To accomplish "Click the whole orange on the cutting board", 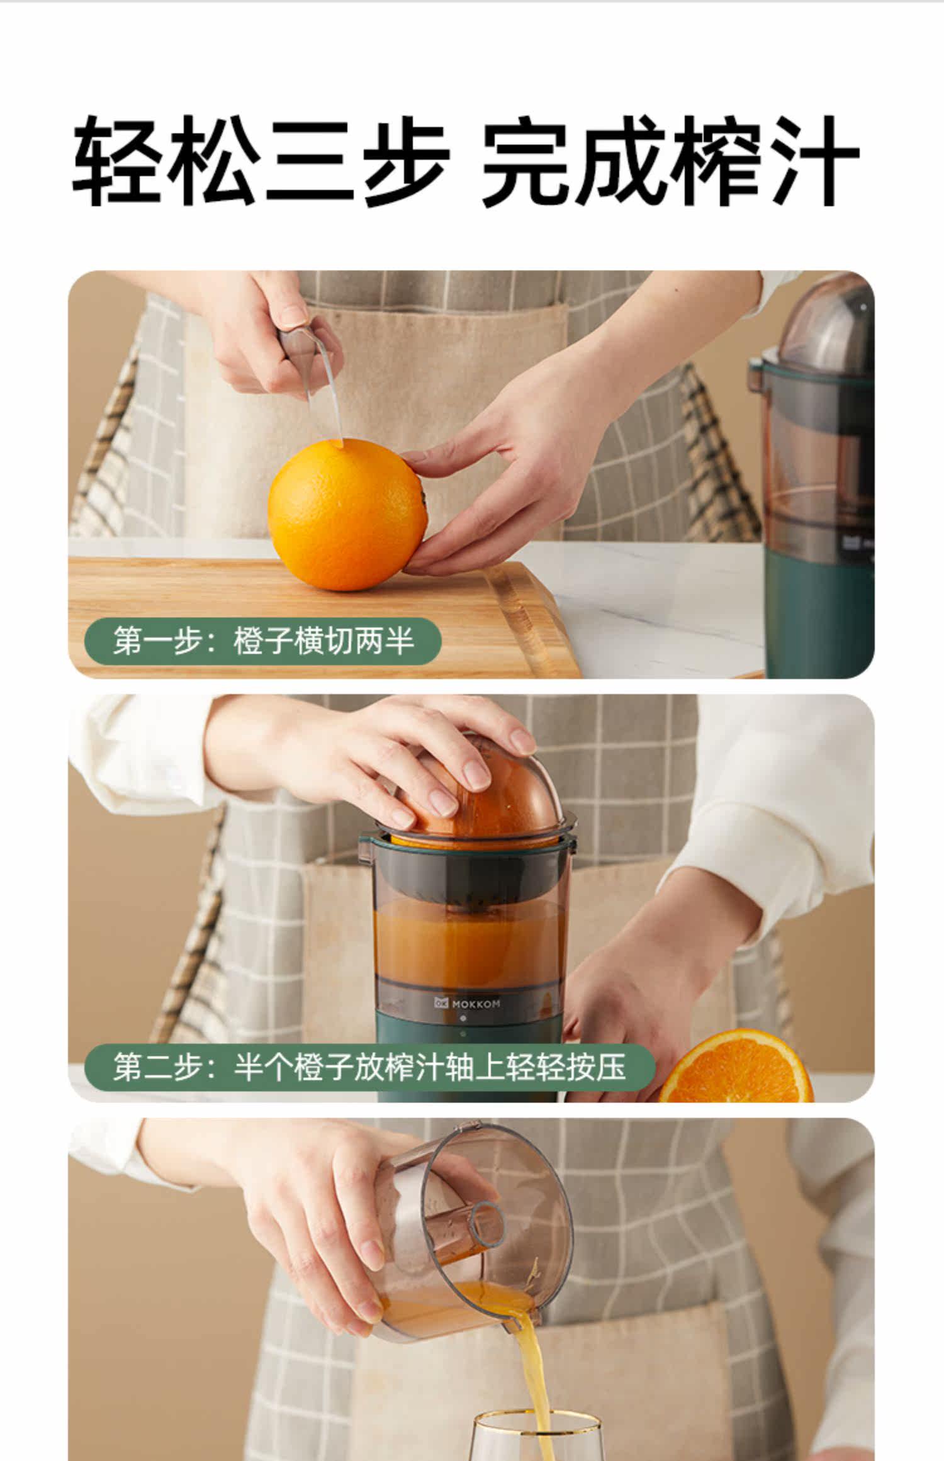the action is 348,514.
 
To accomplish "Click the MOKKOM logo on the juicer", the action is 467,1004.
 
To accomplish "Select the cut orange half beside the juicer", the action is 736,1067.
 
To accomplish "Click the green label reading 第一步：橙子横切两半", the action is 263,641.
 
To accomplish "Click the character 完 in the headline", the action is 529,161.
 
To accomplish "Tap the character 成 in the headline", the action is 620,161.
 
